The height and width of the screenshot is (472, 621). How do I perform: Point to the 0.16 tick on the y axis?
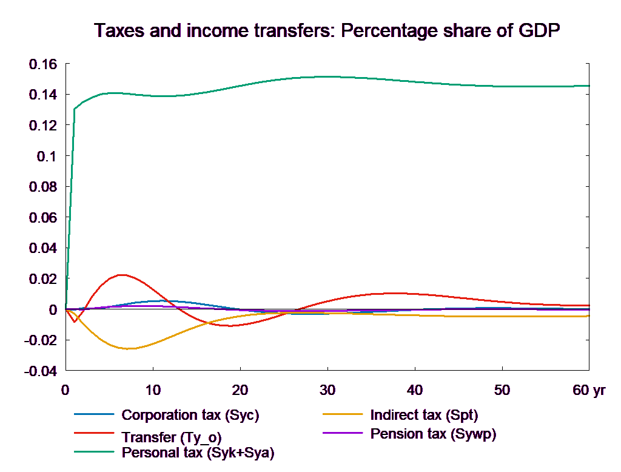click(43, 64)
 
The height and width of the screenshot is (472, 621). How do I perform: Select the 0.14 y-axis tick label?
click(43, 95)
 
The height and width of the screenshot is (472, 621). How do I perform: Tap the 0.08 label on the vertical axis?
click(43, 187)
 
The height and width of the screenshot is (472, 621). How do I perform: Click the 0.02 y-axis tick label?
click(43, 279)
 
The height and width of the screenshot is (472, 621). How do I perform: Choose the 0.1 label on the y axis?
click(46, 157)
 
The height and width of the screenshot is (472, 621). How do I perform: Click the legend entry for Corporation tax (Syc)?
click(190, 416)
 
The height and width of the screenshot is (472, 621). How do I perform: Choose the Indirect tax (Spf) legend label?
click(424, 416)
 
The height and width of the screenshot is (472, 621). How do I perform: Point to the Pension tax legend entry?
click(433, 434)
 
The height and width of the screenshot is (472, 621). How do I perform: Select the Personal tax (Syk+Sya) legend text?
click(198, 453)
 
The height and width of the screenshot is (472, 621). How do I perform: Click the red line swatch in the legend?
click(95, 434)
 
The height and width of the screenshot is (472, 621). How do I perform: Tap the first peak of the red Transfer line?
click(123, 275)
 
